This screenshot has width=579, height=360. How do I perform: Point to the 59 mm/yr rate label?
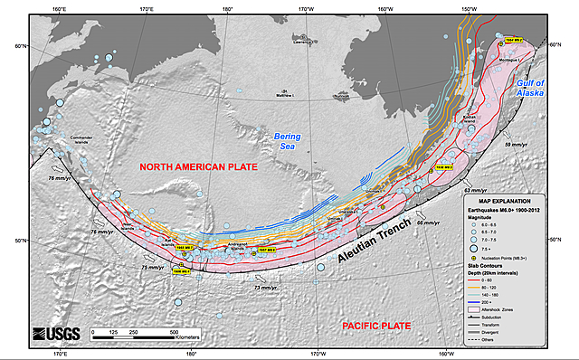(x=515, y=145)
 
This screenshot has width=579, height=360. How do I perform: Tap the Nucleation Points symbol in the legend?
(x=486, y=258)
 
